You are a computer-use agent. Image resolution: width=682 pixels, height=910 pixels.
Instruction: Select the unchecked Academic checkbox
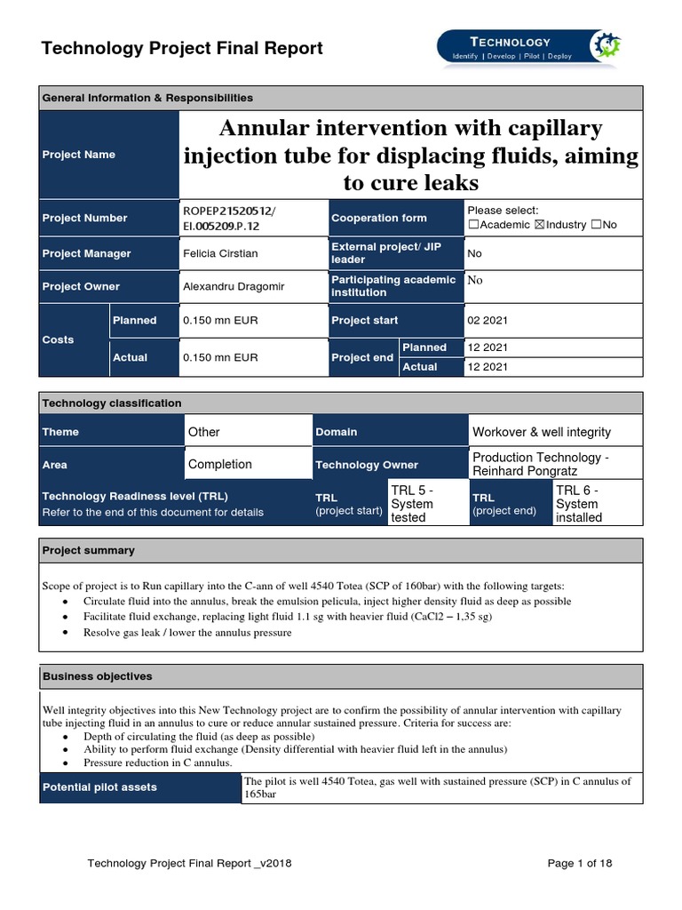tap(472, 225)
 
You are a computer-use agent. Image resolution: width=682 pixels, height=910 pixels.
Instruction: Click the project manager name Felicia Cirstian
tap(220, 253)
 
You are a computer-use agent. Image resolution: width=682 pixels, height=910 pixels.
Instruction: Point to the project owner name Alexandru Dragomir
tap(226, 286)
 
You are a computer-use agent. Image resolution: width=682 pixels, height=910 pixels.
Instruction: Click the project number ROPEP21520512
tap(227, 210)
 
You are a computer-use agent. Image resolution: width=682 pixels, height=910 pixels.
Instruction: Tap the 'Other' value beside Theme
tap(204, 432)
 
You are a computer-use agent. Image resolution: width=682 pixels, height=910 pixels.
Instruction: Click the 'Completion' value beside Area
tap(220, 464)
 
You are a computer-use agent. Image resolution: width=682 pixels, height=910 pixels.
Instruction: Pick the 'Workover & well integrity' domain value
tap(542, 432)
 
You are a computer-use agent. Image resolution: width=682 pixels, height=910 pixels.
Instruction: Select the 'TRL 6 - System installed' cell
tap(579, 503)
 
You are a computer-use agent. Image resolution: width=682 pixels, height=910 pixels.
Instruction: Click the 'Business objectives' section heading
tap(98, 676)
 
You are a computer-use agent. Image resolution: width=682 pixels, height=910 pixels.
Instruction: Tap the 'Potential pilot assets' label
tap(99, 787)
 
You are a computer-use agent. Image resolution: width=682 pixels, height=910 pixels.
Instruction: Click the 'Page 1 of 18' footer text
tap(580, 863)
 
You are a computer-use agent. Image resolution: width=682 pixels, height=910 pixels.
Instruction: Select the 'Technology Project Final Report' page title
tap(182, 48)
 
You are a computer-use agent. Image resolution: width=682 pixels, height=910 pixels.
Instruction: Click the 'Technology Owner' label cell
tap(365, 465)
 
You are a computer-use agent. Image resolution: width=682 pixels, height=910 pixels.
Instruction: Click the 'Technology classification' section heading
tap(112, 403)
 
